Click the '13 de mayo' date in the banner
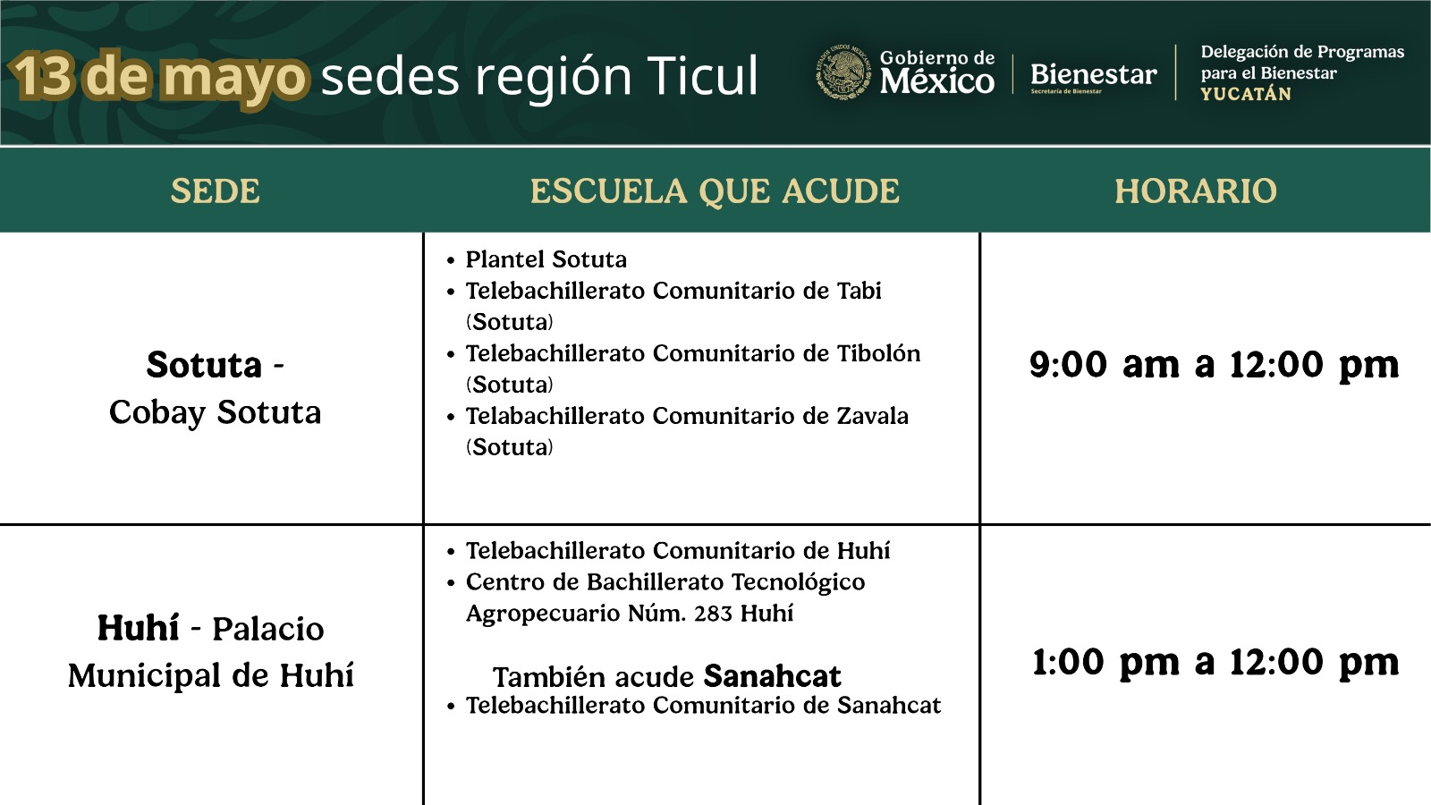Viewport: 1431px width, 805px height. (159, 78)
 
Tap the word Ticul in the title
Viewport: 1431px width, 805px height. (702, 75)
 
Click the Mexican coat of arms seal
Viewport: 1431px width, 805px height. (843, 72)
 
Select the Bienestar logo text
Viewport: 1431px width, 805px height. (1093, 75)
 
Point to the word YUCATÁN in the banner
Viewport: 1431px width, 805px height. (1246, 94)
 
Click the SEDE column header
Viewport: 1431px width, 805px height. (216, 191)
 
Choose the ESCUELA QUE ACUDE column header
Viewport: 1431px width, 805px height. (715, 191)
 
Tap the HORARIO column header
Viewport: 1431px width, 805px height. (1195, 191)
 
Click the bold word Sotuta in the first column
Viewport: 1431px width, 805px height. (204, 365)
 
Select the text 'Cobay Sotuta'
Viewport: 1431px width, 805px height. (215, 412)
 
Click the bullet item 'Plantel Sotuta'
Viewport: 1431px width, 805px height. (546, 259)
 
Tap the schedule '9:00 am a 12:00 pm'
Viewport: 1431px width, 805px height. (1214, 365)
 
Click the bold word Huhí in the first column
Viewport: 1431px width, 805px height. (138, 627)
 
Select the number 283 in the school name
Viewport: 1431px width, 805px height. (713, 614)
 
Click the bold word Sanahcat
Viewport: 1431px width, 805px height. (772, 676)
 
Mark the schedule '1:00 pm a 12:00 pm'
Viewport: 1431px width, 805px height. (1215, 662)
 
